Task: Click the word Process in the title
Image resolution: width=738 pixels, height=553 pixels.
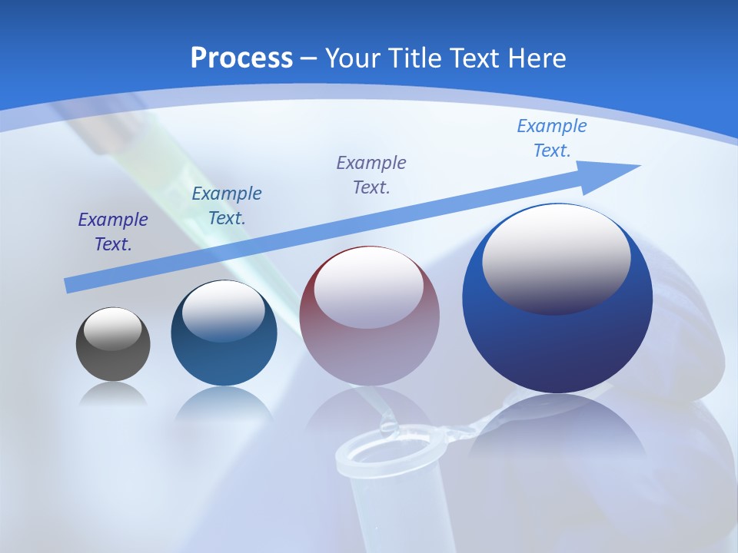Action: [241, 58]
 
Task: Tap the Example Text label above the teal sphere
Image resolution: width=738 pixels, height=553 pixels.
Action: [227, 206]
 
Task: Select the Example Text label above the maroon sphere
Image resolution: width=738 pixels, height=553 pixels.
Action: [371, 174]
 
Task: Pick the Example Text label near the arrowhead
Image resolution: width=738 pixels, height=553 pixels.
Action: [552, 138]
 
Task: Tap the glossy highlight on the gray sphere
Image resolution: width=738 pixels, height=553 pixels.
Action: [112, 329]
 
